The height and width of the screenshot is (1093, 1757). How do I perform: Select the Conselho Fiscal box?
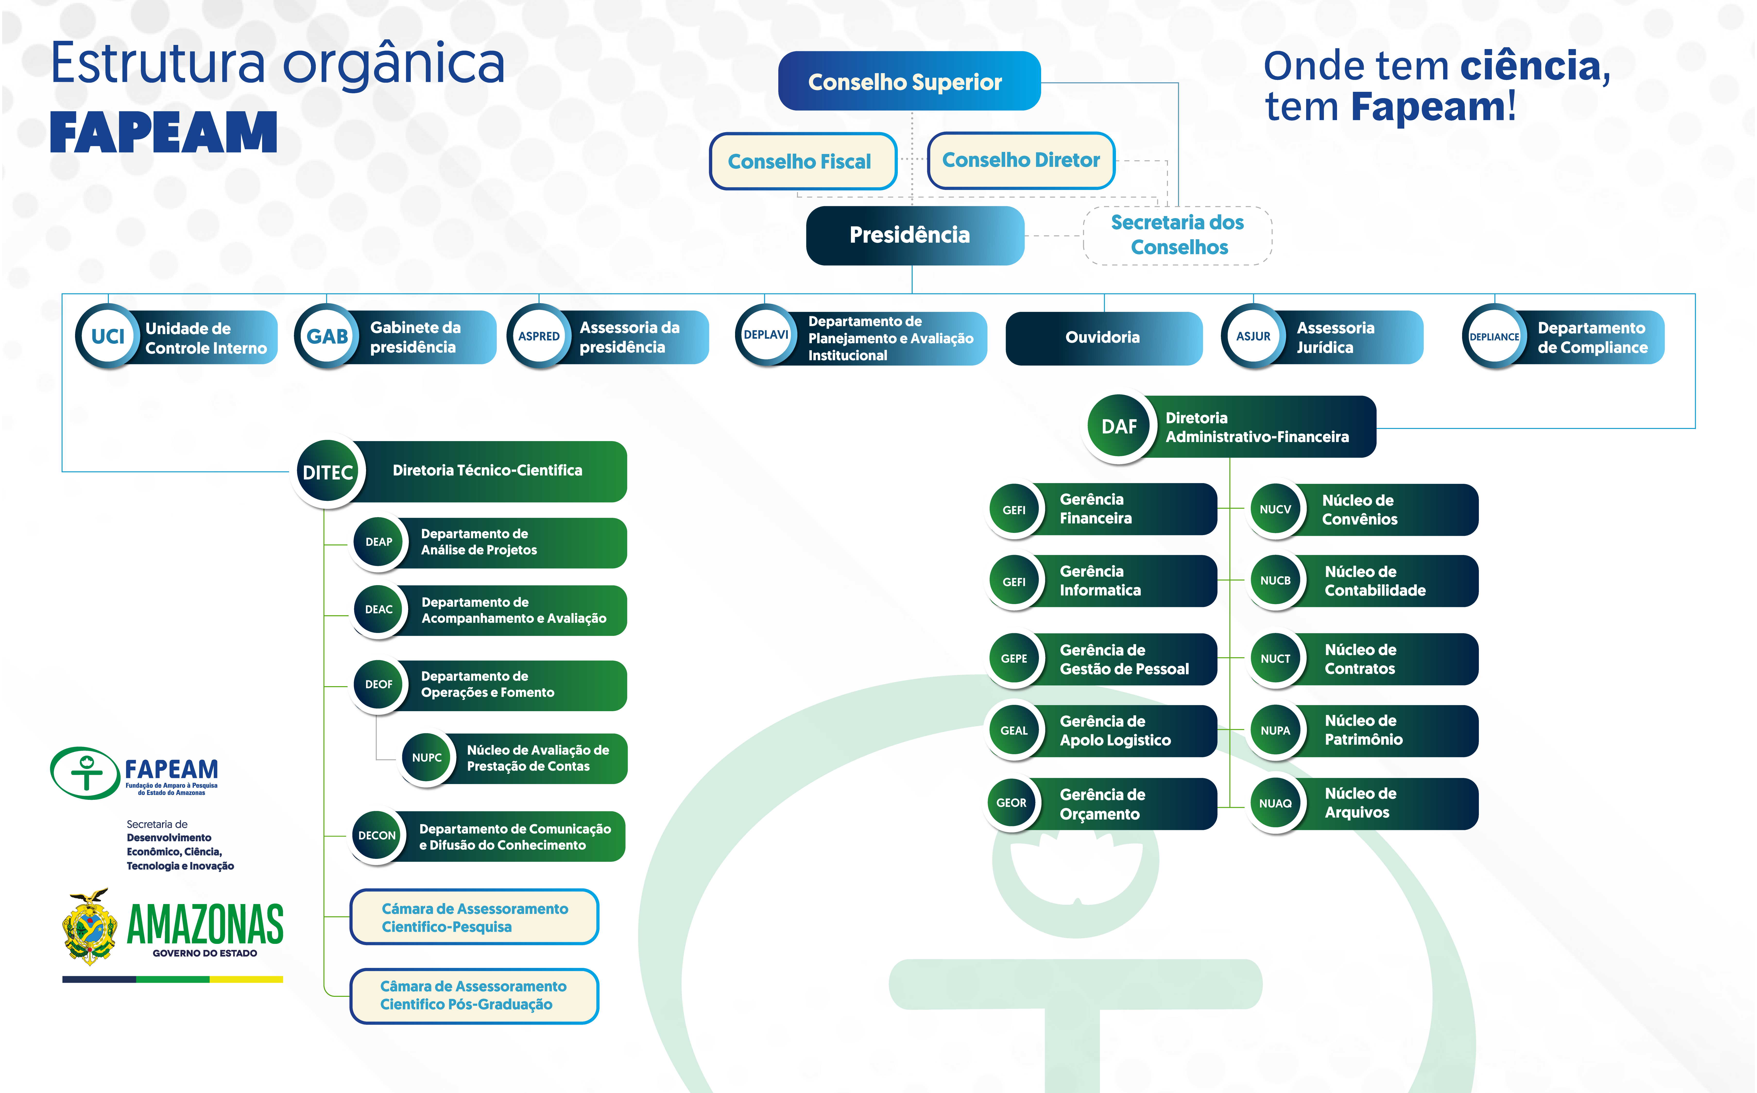[x=802, y=161]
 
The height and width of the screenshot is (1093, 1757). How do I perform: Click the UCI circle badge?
[x=108, y=336]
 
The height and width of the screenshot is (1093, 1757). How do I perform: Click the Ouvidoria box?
[x=1103, y=338]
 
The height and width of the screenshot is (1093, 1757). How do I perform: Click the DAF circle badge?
[x=1119, y=427]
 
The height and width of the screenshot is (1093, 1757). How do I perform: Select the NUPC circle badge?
[x=426, y=758]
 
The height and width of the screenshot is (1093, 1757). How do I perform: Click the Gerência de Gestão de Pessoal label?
[x=1124, y=659]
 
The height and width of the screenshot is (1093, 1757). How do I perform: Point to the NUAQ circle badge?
[x=1275, y=803]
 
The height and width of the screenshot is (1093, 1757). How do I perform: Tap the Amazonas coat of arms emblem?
[x=90, y=927]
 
